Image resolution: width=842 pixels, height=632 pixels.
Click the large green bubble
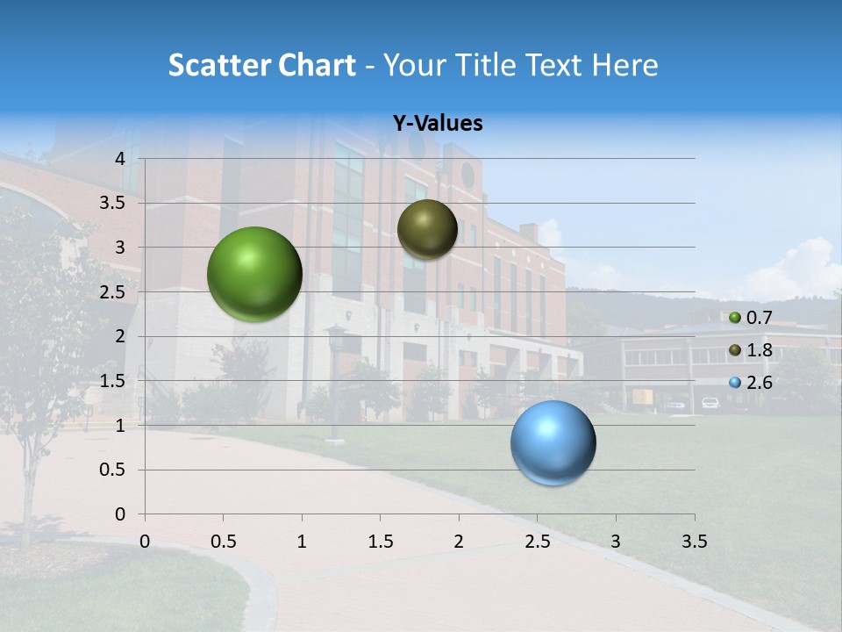click(254, 274)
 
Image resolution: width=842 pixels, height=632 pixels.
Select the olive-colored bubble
click(427, 229)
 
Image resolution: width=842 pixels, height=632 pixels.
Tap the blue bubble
click(553, 442)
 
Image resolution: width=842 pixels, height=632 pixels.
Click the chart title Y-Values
click(438, 124)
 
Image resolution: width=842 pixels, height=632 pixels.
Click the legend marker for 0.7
click(735, 318)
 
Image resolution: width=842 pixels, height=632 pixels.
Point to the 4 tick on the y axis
click(121, 159)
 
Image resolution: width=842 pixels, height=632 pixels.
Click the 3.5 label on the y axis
click(112, 203)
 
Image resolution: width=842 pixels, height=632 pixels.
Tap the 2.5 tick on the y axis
click(112, 292)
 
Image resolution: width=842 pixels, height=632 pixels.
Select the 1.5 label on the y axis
click(112, 381)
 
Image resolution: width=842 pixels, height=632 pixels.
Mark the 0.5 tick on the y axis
click(112, 470)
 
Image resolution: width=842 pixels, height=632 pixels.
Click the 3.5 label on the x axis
click(694, 542)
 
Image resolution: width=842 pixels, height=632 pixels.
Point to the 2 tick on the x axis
click(459, 542)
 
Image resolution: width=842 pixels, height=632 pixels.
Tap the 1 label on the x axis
click(302, 542)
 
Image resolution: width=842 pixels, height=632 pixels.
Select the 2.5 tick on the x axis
click(537, 542)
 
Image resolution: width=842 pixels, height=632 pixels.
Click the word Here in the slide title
click(624, 65)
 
